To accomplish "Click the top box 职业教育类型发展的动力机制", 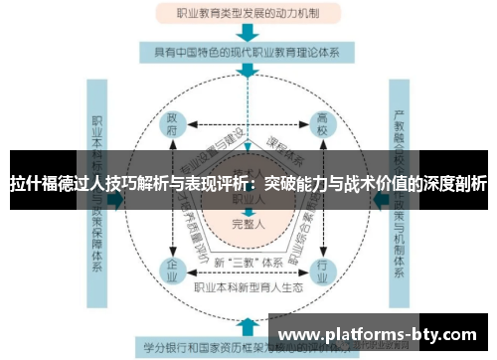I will (248, 14).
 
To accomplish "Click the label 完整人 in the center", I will (248, 225).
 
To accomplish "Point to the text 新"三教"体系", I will (248, 262).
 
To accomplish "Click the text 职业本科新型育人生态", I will (248, 286).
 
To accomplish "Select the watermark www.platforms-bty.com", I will (382, 335).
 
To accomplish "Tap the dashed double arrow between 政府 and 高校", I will (248, 126).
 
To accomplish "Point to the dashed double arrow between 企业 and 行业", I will (248, 273).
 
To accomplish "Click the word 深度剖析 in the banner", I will (456, 184).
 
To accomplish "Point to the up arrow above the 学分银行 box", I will (248, 324).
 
